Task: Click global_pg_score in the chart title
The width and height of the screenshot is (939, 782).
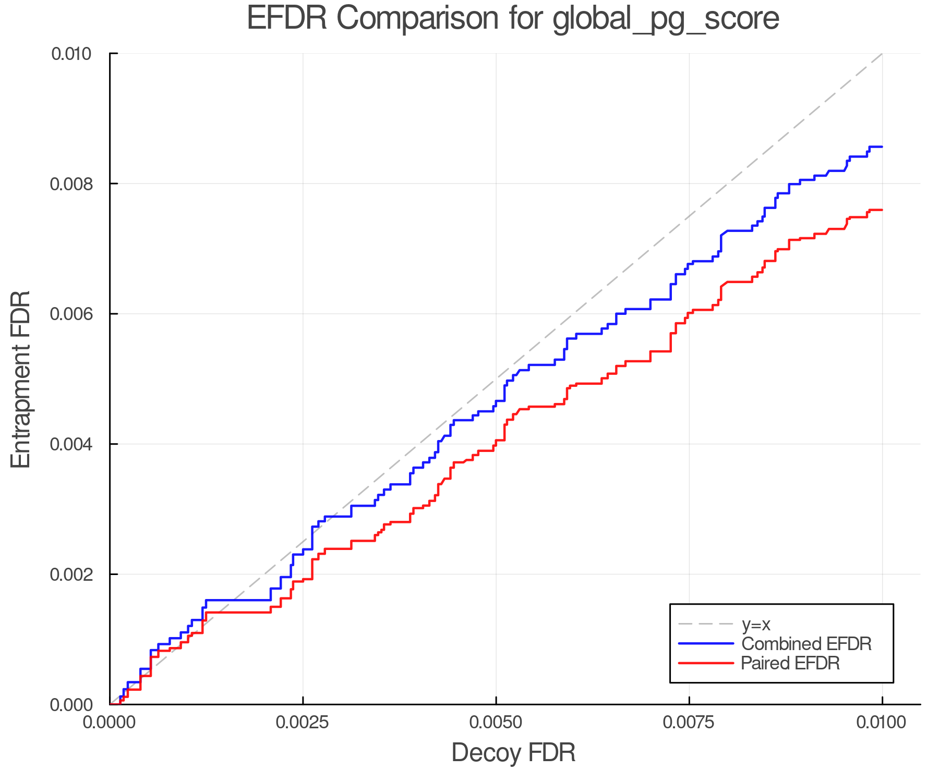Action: (x=666, y=19)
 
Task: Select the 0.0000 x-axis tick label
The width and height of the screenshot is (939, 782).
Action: (x=110, y=723)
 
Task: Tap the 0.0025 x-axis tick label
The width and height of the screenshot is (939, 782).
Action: (x=303, y=723)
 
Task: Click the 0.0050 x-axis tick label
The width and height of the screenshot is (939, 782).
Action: (x=496, y=723)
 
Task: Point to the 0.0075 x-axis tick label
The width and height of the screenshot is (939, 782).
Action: (x=689, y=723)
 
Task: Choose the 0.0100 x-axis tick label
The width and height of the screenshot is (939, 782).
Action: (x=882, y=723)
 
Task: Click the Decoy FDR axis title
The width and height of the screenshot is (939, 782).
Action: (x=513, y=753)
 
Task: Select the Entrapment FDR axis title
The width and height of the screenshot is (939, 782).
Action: (x=21, y=379)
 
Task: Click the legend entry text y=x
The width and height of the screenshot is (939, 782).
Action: (x=756, y=624)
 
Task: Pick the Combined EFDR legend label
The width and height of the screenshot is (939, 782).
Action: (x=806, y=644)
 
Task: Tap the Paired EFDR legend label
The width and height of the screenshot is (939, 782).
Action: (x=790, y=663)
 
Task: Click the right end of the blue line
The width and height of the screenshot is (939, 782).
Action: (x=882, y=147)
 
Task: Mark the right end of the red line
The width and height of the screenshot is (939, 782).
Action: (x=882, y=210)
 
